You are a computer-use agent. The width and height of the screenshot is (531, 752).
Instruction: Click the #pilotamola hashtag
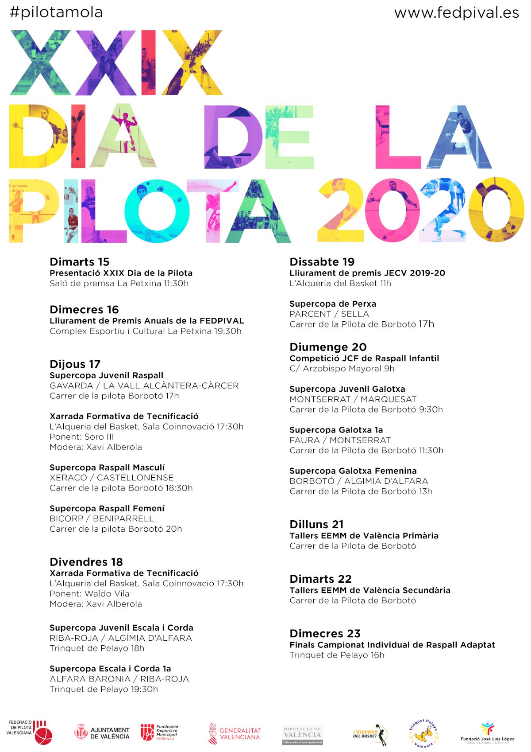click(x=56, y=12)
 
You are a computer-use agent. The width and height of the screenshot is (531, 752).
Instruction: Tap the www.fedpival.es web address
click(x=456, y=12)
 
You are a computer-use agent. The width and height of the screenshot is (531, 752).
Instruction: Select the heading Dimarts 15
click(x=80, y=261)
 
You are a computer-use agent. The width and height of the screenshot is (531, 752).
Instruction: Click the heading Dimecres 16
click(x=84, y=309)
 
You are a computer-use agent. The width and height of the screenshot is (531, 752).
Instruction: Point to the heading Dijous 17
click(x=75, y=364)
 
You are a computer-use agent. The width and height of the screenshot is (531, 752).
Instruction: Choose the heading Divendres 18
click(x=86, y=562)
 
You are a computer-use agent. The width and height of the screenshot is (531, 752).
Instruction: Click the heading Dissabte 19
click(x=322, y=261)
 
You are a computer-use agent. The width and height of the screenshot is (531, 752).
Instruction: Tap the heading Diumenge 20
click(x=328, y=347)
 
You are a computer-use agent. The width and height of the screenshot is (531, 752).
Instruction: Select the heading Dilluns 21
click(x=316, y=524)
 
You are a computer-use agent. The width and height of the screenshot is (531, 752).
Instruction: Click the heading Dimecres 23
click(x=325, y=633)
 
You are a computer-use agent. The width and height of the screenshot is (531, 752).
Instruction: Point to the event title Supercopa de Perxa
click(x=333, y=304)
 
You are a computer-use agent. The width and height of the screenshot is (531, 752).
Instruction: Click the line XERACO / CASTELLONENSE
click(x=112, y=478)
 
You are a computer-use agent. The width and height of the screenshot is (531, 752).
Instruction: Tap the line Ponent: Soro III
click(x=82, y=437)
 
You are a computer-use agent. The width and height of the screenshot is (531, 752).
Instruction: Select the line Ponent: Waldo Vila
click(x=89, y=594)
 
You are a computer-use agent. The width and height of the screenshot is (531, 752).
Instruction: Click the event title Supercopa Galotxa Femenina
click(x=353, y=471)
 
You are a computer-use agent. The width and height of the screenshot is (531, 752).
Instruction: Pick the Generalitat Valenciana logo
click(x=235, y=734)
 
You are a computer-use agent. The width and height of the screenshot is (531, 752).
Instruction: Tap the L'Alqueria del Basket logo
click(x=370, y=734)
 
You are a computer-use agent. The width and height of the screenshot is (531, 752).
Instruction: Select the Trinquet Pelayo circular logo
click(x=423, y=733)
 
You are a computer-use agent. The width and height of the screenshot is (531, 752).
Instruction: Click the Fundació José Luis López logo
click(x=487, y=733)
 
